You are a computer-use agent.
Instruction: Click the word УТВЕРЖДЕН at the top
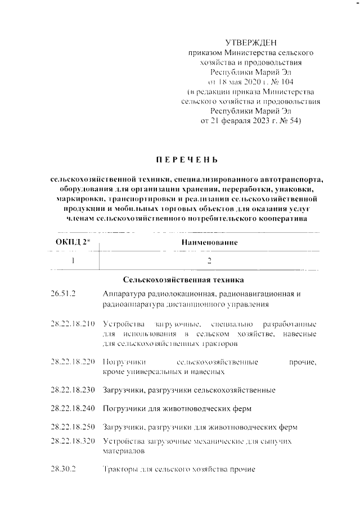coord(251,43)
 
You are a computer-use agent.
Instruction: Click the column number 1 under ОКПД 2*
coord(73,260)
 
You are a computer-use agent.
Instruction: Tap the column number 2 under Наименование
coord(209,260)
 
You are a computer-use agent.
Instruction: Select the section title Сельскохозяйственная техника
coord(183,279)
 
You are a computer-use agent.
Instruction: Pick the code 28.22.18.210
coord(73,325)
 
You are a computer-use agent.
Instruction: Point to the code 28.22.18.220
coord(73,363)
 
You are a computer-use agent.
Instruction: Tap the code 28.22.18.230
coord(73,389)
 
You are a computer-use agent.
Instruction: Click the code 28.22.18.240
coord(73,407)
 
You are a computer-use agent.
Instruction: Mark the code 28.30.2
coord(62,469)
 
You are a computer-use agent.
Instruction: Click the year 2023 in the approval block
coord(250,120)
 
